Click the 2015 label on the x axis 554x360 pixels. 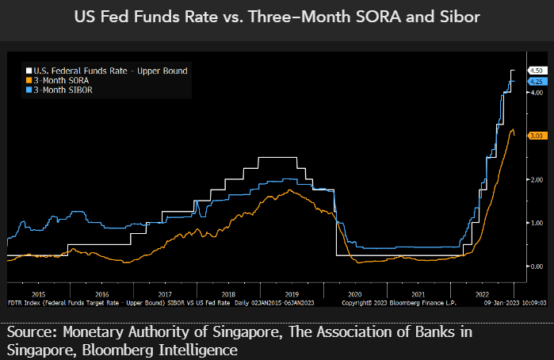(x=38, y=293)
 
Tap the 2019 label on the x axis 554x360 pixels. (x=291, y=293)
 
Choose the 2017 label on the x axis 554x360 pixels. (x=165, y=293)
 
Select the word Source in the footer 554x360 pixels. (x=29, y=332)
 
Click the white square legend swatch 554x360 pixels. (x=27, y=71)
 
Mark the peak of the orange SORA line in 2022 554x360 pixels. (x=512, y=129)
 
